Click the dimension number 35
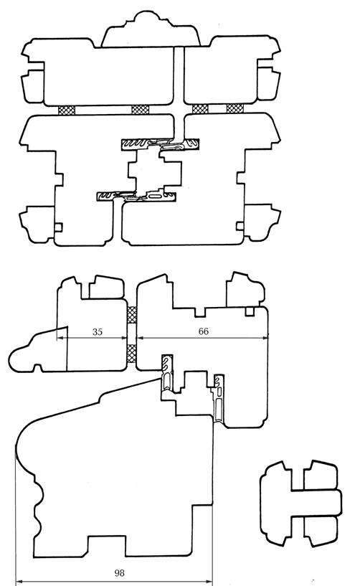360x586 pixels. click(x=98, y=331)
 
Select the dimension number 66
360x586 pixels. click(x=204, y=331)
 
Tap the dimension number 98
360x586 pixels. click(x=119, y=572)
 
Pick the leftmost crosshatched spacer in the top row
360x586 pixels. click(x=67, y=110)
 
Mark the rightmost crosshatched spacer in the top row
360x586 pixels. click(x=235, y=108)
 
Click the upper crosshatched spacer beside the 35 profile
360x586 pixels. click(x=131, y=315)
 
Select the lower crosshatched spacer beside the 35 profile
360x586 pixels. click(x=131, y=354)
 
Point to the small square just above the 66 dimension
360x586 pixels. click(x=250, y=311)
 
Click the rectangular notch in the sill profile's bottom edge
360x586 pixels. click(x=107, y=546)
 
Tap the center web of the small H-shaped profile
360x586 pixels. click(x=316, y=503)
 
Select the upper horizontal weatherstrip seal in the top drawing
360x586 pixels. click(x=160, y=144)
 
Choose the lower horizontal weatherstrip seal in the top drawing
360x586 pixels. click(x=136, y=197)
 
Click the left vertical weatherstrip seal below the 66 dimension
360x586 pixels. click(x=167, y=373)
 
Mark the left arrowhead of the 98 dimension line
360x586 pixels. click(x=19, y=582)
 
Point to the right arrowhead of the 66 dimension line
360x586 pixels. click(x=265, y=338)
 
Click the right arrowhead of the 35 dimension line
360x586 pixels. click(x=124, y=338)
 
